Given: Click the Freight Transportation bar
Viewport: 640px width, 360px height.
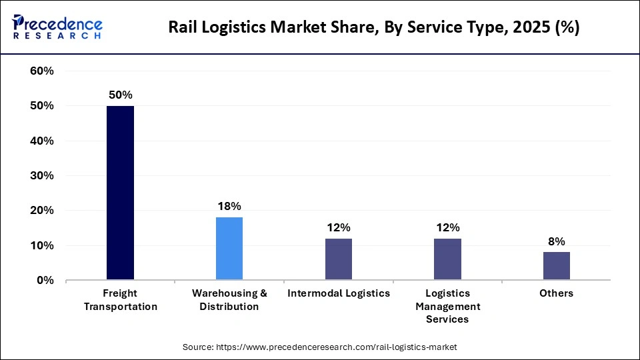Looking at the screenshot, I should click(x=120, y=193).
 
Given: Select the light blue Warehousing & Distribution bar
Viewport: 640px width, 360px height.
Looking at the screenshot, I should click(x=229, y=249).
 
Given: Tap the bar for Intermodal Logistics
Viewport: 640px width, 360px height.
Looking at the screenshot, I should click(x=338, y=259).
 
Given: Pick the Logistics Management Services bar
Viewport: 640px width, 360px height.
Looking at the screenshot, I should click(x=447, y=259).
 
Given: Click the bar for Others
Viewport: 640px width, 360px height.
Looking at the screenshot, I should click(x=556, y=266).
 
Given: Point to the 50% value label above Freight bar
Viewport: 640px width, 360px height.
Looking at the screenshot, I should click(x=120, y=95).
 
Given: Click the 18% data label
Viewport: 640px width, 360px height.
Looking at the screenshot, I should click(x=229, y=206).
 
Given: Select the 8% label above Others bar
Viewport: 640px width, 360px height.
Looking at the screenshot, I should click(x=556, y=241).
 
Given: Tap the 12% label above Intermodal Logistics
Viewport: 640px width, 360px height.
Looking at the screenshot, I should click(x=338, y=227).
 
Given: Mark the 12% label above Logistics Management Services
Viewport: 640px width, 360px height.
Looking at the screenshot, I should click(x=447, y=227).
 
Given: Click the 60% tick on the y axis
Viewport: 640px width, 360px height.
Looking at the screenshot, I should click(x=41, y=71).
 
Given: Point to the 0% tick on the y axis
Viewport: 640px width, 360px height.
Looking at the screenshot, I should click(x=45, y=281).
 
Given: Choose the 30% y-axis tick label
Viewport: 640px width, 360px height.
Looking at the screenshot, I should click(x=41, y=176).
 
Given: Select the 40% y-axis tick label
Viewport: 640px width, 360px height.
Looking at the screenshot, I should click(x=41, y=141).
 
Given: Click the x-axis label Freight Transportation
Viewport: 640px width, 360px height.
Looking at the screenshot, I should click(x=121, y=300).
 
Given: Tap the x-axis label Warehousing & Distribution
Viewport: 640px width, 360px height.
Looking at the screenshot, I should click(x=229, y=300).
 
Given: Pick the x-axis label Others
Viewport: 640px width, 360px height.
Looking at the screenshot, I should click(x=557, y=293).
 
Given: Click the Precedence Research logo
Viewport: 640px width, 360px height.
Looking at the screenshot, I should click(x=57, y=27).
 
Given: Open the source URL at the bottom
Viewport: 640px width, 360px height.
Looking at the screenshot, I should click(x=320, y=347).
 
